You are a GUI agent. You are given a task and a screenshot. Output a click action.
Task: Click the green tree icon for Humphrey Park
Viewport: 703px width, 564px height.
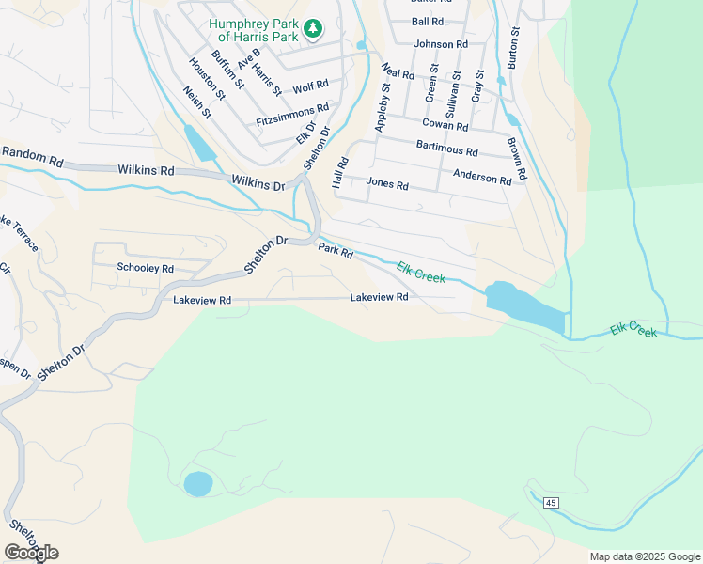click(313, 30)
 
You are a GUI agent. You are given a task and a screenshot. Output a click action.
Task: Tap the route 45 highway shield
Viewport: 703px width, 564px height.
click(551, 503)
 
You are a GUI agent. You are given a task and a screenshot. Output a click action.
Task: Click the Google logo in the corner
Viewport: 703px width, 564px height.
click(31, 553)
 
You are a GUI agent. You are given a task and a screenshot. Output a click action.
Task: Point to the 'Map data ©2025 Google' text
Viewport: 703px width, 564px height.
click(644, 556)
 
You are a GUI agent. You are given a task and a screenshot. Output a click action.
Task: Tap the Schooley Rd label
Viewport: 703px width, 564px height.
click(145, 268)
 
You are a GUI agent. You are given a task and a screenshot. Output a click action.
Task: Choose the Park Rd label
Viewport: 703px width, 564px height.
click(335, 251)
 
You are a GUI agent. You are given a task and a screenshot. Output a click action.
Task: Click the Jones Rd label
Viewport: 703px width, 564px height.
click(386, 184)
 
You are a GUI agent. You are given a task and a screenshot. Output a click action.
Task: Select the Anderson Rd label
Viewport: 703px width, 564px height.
click(481, 176)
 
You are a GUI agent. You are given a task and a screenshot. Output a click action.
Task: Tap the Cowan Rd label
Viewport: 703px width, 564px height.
click(445, 125)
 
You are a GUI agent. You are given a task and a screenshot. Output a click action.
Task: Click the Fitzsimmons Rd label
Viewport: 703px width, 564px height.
click(292, 116)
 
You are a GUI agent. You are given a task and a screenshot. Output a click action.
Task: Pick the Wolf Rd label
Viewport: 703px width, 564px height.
click(310, 87)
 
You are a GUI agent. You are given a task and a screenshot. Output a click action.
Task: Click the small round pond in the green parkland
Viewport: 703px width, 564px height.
click(197, 484)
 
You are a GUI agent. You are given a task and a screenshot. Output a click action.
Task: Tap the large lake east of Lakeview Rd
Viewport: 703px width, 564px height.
click(523, 306)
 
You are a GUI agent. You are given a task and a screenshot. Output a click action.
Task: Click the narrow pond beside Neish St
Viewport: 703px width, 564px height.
click(200, 143)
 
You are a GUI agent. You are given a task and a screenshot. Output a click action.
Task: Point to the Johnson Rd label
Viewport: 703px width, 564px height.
click(441, 44)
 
